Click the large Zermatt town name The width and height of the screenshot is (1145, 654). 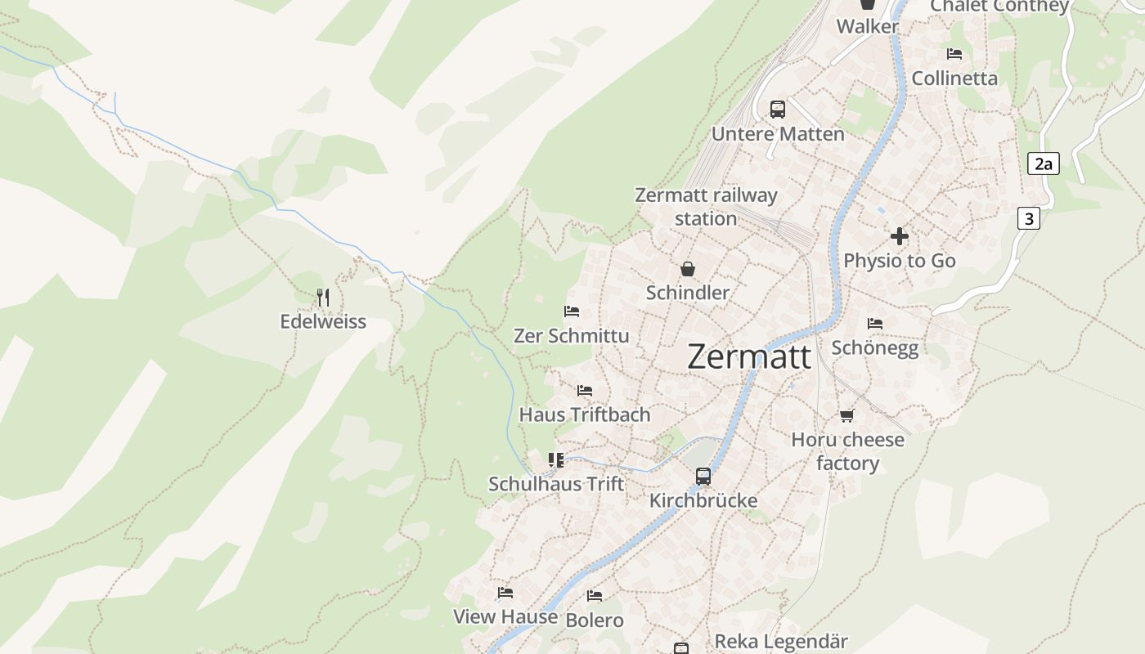coord(749,356)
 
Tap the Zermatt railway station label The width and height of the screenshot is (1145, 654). coord(706,207)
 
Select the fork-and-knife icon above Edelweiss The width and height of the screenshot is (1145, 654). coord(323,298)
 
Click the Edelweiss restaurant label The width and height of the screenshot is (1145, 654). coord(323,321)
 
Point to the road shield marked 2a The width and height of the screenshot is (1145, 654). coord(1043,163)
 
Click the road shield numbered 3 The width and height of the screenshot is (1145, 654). coord(1029,218)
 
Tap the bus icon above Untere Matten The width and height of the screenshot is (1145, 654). coord(777,109)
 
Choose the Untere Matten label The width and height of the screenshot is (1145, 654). coord(778,133)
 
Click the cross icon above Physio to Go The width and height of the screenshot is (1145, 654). coord(900,236)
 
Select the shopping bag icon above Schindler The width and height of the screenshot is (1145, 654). coord(688,269)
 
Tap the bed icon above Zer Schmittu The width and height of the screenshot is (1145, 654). coord(572,311)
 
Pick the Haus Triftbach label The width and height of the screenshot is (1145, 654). coord(585,414)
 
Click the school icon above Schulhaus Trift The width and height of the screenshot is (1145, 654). coord(556,459)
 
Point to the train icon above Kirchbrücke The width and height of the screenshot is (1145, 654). coord(703,476)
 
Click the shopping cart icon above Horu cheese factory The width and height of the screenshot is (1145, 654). coord(846,416)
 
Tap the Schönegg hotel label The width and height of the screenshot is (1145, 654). coord(875,347)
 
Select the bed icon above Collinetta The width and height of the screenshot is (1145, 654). coord(954,54)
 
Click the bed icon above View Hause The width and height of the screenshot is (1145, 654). coord(505,593)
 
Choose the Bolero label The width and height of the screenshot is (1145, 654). coord(595,620)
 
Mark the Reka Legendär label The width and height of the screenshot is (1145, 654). coord(781,642)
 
